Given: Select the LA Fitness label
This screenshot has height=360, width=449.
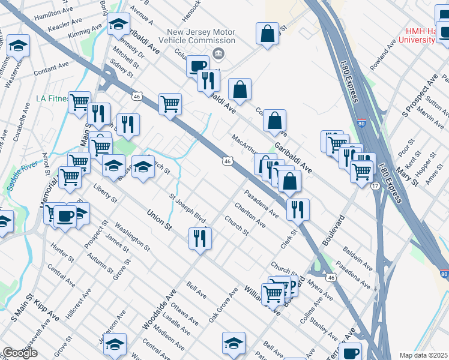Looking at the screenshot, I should [x=49, y=98].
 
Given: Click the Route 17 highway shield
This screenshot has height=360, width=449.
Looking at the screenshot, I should [x=374, y=187].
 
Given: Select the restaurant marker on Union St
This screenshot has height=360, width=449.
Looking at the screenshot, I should [x=200, y=238].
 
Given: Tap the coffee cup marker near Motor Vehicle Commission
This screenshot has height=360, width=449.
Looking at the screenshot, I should [x=197, y=66].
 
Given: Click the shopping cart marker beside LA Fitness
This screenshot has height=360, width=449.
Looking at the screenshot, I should [x=79, y=103].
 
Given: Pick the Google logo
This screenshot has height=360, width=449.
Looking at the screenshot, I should [x=20, y=353].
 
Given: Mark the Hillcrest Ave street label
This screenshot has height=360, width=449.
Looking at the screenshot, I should [x=79, y=302].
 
